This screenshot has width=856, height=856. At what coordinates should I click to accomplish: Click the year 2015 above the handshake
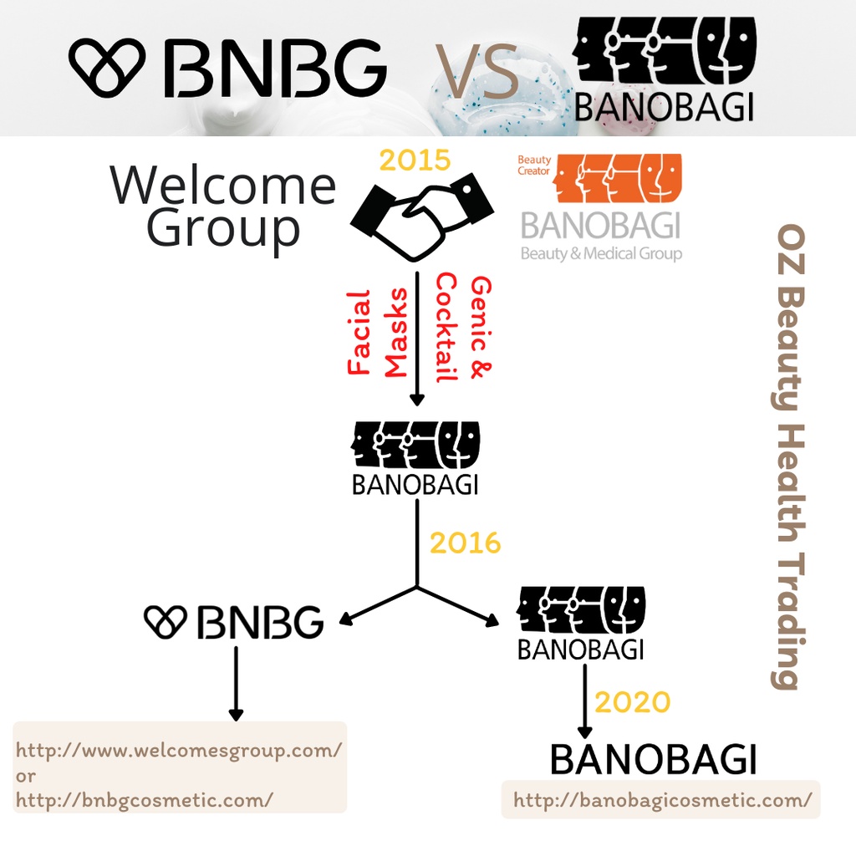[x=415, y=160]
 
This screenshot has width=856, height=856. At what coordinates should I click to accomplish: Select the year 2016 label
[x=465, y=543]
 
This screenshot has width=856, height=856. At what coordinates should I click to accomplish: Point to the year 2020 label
[x=632, y=702]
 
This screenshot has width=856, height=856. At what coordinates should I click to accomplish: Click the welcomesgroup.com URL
[x=179, y=750]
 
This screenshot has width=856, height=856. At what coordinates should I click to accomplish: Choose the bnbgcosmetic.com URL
[x=145, y=800]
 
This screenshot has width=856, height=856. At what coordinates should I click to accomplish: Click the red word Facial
[x=359, y=332]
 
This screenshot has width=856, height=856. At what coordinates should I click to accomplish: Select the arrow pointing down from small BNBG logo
[x=236, y=682]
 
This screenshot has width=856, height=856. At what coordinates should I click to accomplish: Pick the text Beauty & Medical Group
[x=601, y=253]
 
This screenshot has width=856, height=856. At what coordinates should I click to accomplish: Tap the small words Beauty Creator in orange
[x=533, y=166]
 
